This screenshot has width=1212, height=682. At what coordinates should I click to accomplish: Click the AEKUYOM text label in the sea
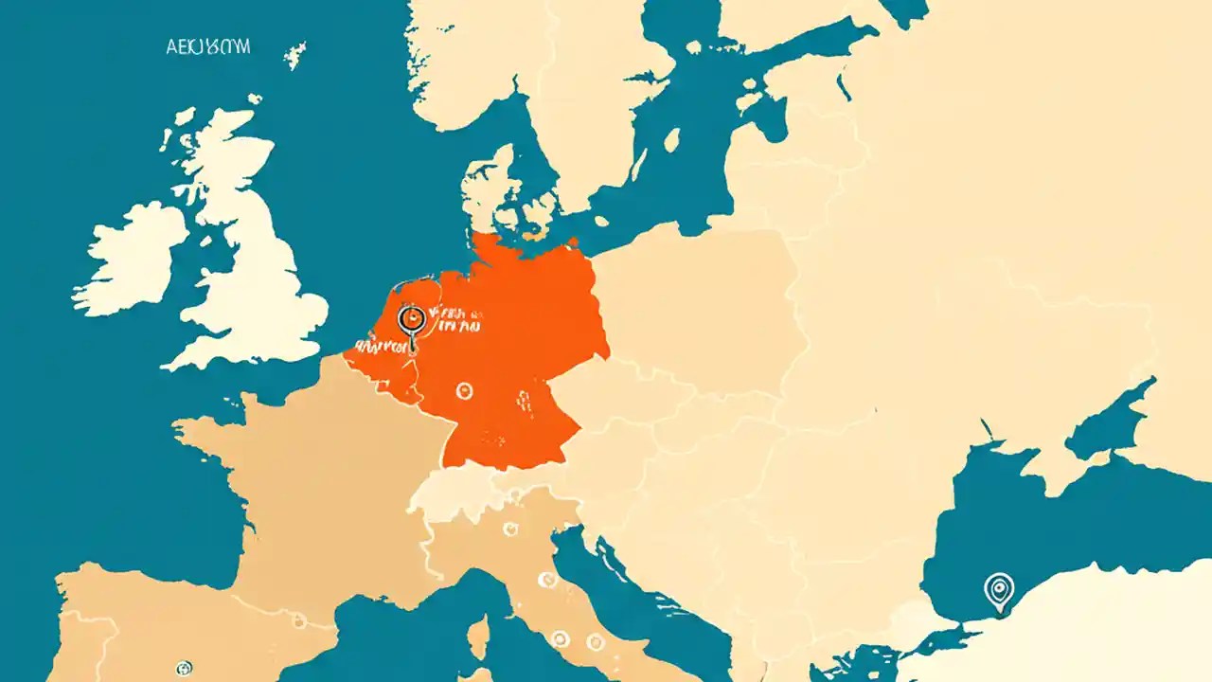click(x=207, y=48)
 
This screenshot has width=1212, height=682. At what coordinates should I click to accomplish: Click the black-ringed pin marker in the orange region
click(x=411, y=319)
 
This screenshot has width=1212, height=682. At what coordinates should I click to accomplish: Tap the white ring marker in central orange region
click(x=463, y=390)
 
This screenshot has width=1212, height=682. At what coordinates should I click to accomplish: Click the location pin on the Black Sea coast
click(x=998, y=589)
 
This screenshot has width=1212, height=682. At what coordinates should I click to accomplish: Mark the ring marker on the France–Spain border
click(x=299, y=620)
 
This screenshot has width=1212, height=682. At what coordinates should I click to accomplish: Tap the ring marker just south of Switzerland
click(x=510, y=529)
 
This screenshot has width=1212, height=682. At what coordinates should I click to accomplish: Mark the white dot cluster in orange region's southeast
click(x=521, y=403)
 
